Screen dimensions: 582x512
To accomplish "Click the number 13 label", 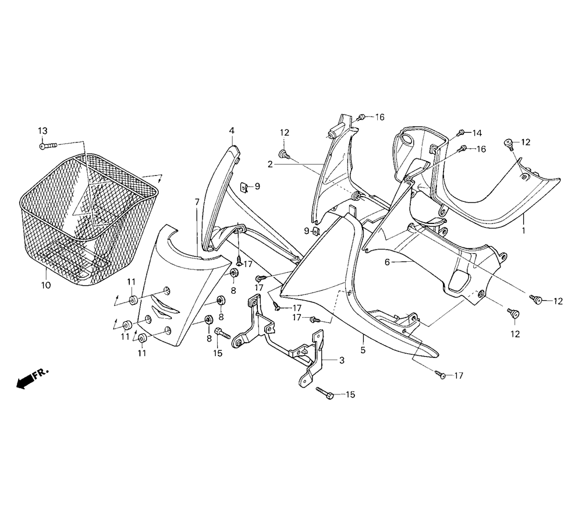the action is pyautogui.click(x=42, y=131).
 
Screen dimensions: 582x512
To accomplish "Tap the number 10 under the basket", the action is pyautogui.click(x=46, y=285).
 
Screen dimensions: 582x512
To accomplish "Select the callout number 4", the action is pyautogui.click(x=232, y=130).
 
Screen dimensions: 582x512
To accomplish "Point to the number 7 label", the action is pyautogui.click(x=197, y=202).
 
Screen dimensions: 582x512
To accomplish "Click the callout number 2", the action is pyautogui.click(x=270, y=163).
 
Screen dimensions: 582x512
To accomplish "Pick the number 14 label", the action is pyautogui.click(x=477, y=133).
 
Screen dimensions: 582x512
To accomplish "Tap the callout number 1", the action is pyautogui.click(x=524, y=230).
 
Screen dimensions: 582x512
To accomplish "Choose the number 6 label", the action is pyautogui.click(x=387, y=262).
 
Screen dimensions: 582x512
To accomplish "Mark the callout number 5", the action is pyautogui.click(x=363, y=350).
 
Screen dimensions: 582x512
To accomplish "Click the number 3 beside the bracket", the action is pyautogui.click(x=342, y=360).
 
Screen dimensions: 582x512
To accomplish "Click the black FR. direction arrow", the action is pyautogui.click(x=24, y=382).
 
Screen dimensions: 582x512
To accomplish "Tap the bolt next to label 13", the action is pyautogui.click(x=48, y=146).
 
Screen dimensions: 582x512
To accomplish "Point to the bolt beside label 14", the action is pyautogui.click(x=462, y=133).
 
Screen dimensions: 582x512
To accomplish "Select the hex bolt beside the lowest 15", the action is pyautogui.click(x=324, y=393).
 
